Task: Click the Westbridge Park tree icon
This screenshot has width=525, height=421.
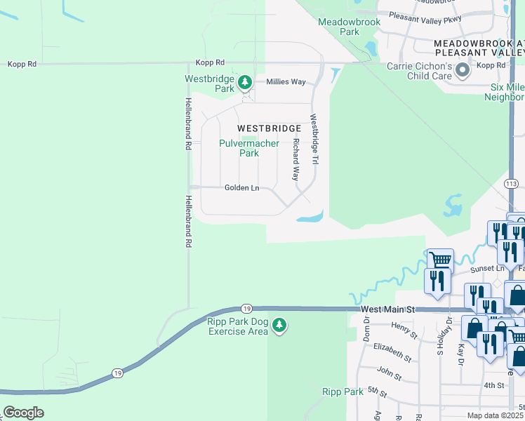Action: click(245, 83)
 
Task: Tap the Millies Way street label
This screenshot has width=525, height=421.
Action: click(286, 82)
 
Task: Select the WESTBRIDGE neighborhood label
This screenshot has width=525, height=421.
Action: click(269, 128)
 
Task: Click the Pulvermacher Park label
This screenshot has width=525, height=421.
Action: click(249, 148)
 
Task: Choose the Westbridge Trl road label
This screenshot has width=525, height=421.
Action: click(314, 140)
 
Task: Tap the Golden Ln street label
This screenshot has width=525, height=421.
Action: click(241, 188)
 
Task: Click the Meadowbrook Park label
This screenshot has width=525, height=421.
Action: click(339, 27)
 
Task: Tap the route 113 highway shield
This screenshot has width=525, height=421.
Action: click(510, 183)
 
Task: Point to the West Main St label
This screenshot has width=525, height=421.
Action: click(389, 309)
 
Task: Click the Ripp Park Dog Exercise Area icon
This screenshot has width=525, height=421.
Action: click(279, 325)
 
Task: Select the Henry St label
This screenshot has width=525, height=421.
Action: click(405, 327)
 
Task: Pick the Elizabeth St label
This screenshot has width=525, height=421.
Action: click(392, 352)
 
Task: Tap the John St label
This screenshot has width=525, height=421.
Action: click(389, 373)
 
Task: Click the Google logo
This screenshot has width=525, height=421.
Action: click(23, 413)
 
